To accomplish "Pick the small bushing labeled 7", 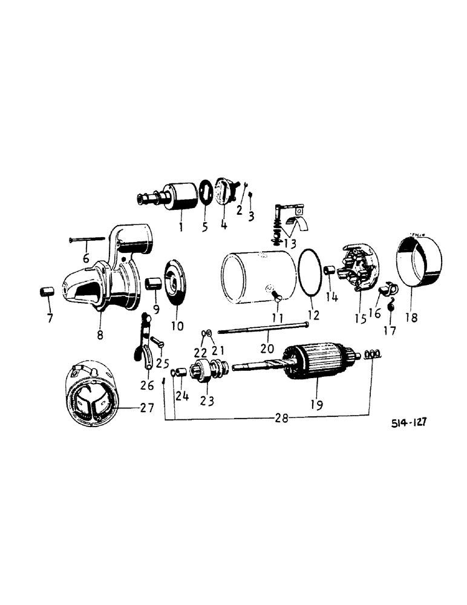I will pyautogui.click(x=43, y=292).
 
